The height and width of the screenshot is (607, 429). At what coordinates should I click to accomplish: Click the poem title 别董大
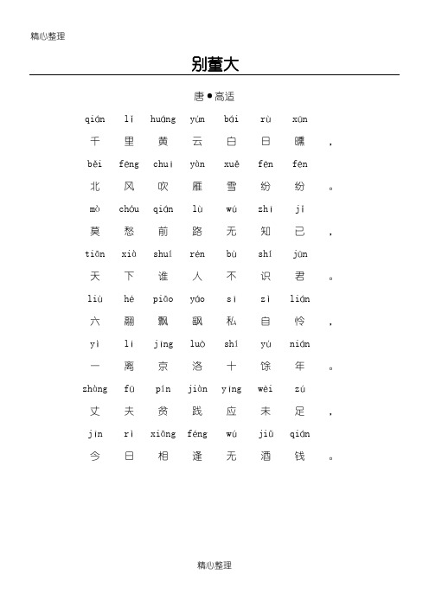tap(214, 64)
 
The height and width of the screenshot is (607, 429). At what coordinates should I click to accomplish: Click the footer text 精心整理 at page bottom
tap(214, 565)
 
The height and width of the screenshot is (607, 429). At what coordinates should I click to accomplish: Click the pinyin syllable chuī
tap(163, 164)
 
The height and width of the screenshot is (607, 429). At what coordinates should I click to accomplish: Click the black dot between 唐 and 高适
tap(208, 96)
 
